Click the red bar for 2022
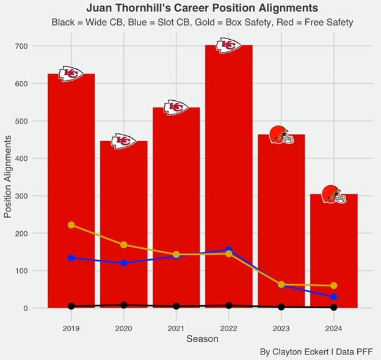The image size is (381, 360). (x=228, y=171)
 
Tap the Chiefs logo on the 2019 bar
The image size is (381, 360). (x=71, y=74)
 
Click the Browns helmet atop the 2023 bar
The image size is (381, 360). (x=281, y=134)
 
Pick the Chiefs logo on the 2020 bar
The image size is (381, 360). (x=123, y=141)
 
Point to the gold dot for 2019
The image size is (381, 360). (x=71, y=225)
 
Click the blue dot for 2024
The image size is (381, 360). (x=334, y=297)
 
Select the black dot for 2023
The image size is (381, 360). (x=281, y=307)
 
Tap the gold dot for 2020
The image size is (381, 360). (x=124, y=245)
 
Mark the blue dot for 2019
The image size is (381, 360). (x=71, y=258)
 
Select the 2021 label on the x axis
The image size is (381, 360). (x=176, y=328)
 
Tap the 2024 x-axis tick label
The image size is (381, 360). (x=333, y=328)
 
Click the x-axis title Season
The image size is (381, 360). (x=202, y=339)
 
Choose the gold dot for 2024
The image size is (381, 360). (x=334, y=286)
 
